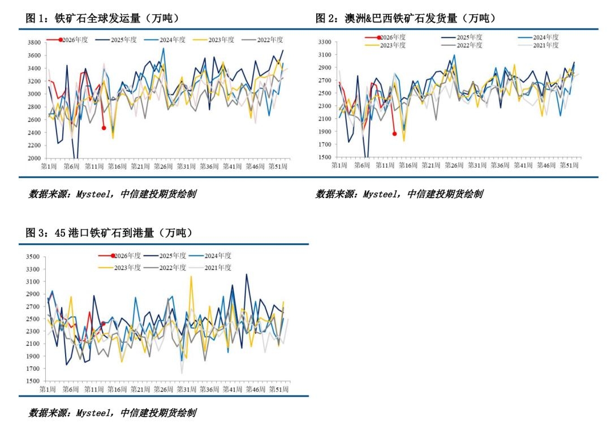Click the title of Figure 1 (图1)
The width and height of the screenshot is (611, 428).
pyautogui.click(x=102, y=18)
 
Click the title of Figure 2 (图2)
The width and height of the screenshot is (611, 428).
pyautogui.click(x=405, y=18)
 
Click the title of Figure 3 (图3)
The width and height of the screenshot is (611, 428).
pyautogui.click(x=109, y=233)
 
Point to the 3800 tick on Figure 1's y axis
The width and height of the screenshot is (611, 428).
pyautogui.click(x=33, y=42)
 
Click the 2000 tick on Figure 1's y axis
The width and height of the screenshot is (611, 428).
pyautogui.click(x=33, y=159)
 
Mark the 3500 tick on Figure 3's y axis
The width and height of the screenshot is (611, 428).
pyautogui.click(x=31, y=257)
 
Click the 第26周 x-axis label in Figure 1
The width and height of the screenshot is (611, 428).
pyautogui.click(x=163, y=166)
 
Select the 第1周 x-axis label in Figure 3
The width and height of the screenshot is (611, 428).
pyautogui.click(x=48, y=390)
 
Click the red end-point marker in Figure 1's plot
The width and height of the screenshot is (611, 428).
pyautogui.click(x=104, y=128)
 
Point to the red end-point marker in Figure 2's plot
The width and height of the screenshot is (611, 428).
pyautogui.click(x=394, y=134)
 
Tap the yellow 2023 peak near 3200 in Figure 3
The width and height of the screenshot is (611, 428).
pyautogui.click(x=191, y=276)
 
